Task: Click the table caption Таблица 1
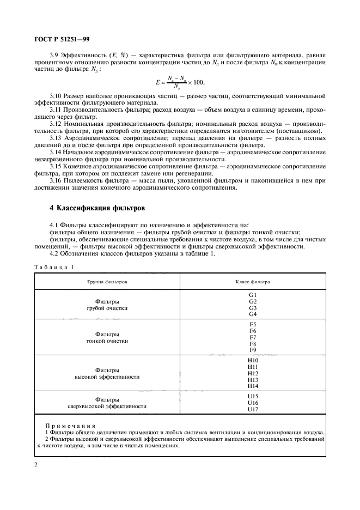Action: point(54,266)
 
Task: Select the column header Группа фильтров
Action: point(107,282)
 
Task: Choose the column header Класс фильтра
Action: point(253,282)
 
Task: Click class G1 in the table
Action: point(253,295)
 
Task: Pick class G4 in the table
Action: point(253,314)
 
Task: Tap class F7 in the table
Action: point(253,337)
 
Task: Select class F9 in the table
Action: point(253,350)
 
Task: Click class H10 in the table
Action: point(253,361)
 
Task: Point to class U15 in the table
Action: point(253,397)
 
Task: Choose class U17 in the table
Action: point(253,409)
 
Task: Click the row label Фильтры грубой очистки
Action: point(107,305)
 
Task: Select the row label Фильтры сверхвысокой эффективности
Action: point(107,403)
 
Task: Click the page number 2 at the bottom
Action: point(35,464)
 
